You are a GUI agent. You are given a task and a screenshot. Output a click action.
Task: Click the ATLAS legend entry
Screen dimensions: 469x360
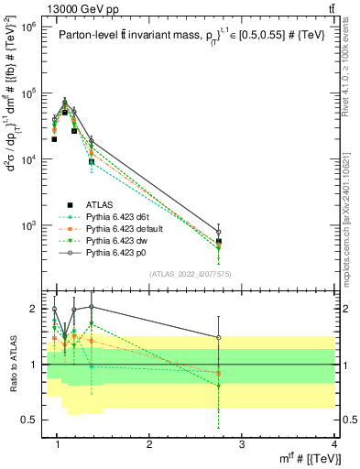point(101,203)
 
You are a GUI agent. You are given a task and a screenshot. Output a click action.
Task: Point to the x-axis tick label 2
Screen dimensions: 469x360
point(149,445)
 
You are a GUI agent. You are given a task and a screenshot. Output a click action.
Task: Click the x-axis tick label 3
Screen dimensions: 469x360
point(241,445)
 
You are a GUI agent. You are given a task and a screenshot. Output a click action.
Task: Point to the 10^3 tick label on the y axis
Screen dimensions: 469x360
point(28,225)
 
